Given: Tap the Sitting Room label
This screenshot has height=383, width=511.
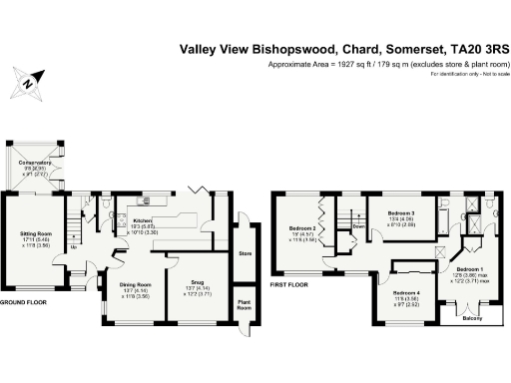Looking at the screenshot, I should point(37,235).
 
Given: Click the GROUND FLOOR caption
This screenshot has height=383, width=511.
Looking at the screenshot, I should point(24,301).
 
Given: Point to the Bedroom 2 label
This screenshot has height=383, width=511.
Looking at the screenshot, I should point(304,228).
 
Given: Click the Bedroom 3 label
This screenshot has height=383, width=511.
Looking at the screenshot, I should point(401,213).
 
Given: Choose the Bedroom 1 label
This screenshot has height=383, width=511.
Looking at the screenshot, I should point(469,269).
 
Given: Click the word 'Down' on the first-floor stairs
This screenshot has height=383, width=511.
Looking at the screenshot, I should point(357,225).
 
